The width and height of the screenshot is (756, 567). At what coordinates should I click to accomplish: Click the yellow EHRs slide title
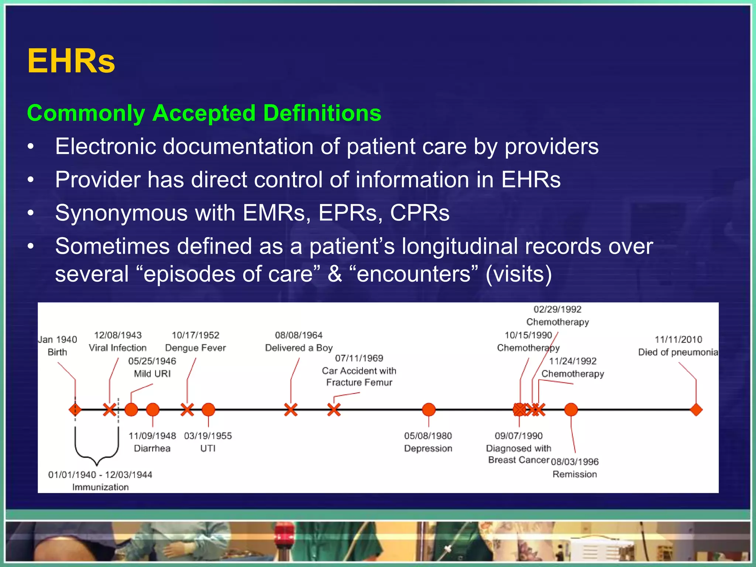pyautogui.click(x=71, y=61)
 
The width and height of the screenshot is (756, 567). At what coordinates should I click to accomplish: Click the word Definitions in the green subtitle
pyautogui.click(x=322, y=113)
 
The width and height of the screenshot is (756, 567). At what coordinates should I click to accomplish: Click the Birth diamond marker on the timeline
pyautogui.click(x=75, y=409)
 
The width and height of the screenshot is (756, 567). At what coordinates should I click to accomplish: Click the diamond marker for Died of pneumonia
pyautogui.click(x=696, y=409)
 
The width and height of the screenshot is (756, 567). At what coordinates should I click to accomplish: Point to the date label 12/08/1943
pyautogui.click(x=118, y=335)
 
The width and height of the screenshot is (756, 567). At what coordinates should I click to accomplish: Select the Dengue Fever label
pyautogui.click(x=195, y=348)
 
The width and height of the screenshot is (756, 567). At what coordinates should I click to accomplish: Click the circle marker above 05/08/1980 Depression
pyautogui.click(x=429, y=409)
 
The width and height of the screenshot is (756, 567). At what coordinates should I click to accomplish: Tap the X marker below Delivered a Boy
pyautogui.click(x=291, y=409)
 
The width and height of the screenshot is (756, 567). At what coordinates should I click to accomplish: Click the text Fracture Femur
pyautogui.click(x=359, y=382)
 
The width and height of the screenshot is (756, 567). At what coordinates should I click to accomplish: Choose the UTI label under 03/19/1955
pyautogui.click(x=208, y=449)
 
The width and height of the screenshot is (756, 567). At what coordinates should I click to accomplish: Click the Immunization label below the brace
pyautogui.click(x=100, y=487)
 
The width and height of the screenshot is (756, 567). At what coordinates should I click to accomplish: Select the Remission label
pyautogui.click(x=574, y=474)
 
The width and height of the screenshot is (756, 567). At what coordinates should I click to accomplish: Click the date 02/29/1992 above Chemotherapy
pyautogui.click(x=557, y=309)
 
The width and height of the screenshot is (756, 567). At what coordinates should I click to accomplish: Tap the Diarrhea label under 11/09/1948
pyautogui.click(x=152, y=449)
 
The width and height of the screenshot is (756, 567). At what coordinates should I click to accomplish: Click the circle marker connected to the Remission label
pyautogui.click(x=571, y=409)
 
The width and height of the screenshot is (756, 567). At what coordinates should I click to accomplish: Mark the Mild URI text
pyautogui.click(x=152, y=374)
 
